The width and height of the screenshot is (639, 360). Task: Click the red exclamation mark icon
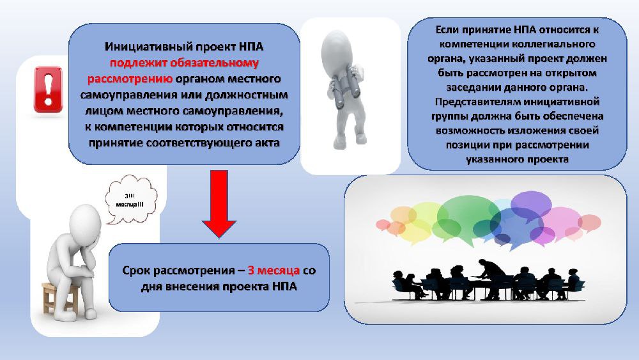click(x=49, y=90)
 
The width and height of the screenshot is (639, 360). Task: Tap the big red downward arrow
click(x=219, y=204)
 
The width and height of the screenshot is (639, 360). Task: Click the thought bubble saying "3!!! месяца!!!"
click(x=130, y=199)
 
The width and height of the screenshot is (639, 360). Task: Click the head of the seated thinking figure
click(x=86, y=223)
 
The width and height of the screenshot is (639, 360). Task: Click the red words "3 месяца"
click(x=274, y=270)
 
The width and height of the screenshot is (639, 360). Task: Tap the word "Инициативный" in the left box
click(x=148, y=47)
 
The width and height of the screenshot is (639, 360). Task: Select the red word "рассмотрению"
click(x=130, y=79)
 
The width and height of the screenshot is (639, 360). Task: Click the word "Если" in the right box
click(x=447, y=30)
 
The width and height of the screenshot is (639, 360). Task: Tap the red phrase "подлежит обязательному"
click(x=184, y=63)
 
